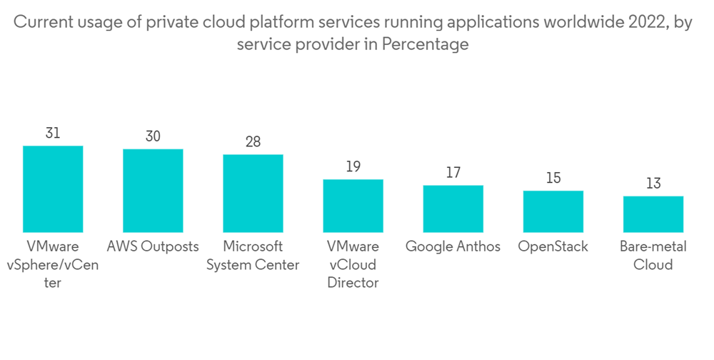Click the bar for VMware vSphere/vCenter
[53, 189]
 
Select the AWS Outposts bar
[153, 190]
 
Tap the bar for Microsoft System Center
[253, 193]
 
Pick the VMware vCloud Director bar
[353, 205]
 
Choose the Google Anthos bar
[453, 208]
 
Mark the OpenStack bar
[553, 211]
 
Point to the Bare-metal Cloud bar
[653, 214]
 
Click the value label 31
[53, 134]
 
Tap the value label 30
[153, 136]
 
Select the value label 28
[253, 142]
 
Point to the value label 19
[353, 167]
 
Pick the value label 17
[453, 173]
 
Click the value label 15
[553, 179]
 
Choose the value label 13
[653, 184]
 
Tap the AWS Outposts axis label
[153, 247]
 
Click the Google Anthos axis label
[453, 247]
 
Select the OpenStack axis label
[553, 247]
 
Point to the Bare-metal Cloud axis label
[653, 256]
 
